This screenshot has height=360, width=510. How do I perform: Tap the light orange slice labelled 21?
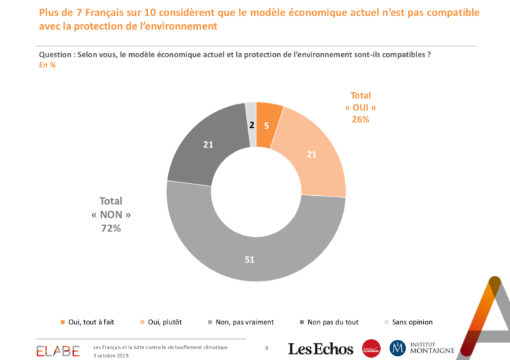tap(312, 155)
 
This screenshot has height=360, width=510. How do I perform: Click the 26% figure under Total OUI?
tap(361, 119)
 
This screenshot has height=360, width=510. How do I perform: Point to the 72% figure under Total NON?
tap(110, 229)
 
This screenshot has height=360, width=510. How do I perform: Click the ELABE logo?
tap(59, 350)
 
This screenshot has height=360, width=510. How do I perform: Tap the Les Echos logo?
tap(320, 349)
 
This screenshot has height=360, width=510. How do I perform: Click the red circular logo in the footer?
tap(371, 348)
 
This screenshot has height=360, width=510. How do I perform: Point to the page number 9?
tap(266, 347)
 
